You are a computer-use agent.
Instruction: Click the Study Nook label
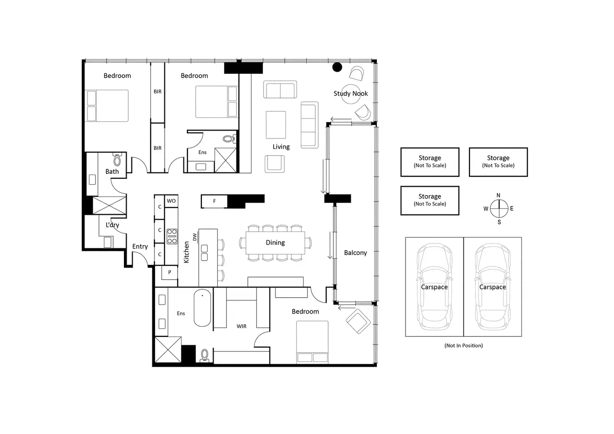[x=350, y=93]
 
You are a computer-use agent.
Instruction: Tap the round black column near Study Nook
[x=337, y=67]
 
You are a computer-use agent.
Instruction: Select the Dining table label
[x=275, y=243]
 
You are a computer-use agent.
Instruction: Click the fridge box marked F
[x=214, y=201]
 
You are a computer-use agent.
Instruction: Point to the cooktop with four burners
[x=172, y=236]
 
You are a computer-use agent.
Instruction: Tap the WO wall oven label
[x=171, y=201]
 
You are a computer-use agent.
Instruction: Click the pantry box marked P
[x=169, y=272]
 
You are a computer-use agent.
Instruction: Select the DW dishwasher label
[x=194, y=237]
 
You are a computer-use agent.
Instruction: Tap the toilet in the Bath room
[x=117, y=159]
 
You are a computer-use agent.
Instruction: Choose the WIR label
[x=242, y=326]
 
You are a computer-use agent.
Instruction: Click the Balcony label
[x=355, y=253]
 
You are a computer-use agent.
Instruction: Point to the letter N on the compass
[x=498, y=196]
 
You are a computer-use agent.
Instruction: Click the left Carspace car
[x=434, y=287]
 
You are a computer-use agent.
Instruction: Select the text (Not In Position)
[x=463, y=346]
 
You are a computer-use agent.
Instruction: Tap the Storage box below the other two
[x=430, y=200]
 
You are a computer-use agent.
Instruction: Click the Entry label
[x=140, y=246]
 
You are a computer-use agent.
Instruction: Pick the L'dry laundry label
[x=112, y=225]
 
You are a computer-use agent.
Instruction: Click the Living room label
[x=281, y=147]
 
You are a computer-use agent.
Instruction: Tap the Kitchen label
[x=186, y=252]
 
